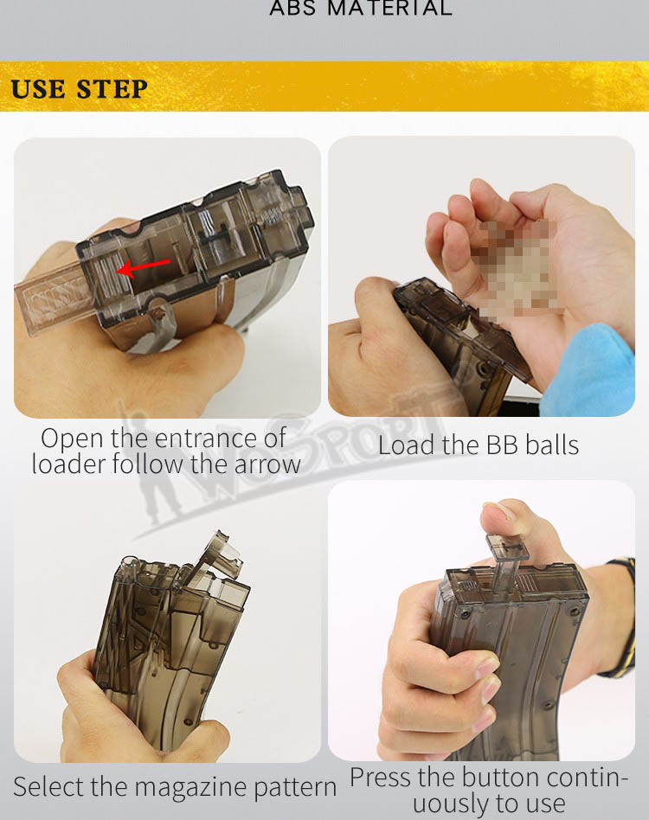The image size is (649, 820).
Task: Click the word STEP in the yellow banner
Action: point(112,89)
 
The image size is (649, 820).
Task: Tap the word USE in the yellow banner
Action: point(39,89)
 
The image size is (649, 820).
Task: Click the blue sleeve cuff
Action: point(588,371)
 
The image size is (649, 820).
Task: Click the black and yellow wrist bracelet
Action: point(621,617)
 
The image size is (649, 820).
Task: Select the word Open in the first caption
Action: point(72,439)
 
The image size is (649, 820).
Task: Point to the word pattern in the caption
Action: point(295,788)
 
